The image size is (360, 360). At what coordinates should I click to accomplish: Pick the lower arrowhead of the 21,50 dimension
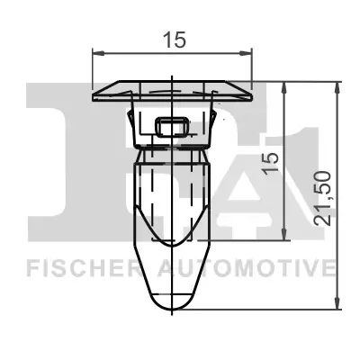tap(338, 306)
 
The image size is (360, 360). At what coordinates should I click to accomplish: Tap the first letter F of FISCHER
tap(31, 268)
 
